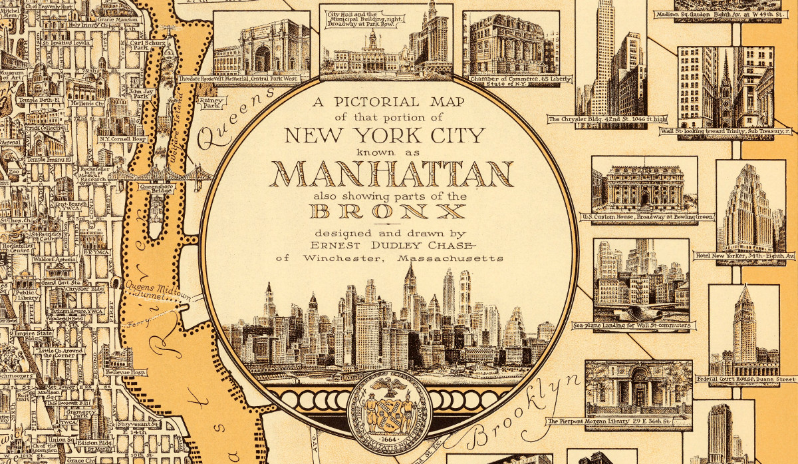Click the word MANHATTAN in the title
tap(394, 174)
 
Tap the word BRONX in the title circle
tap(389, 212)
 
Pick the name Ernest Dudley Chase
tap(390, 244)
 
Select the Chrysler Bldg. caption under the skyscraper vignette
tap(597, 120)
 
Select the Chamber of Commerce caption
tap(512, 81)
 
